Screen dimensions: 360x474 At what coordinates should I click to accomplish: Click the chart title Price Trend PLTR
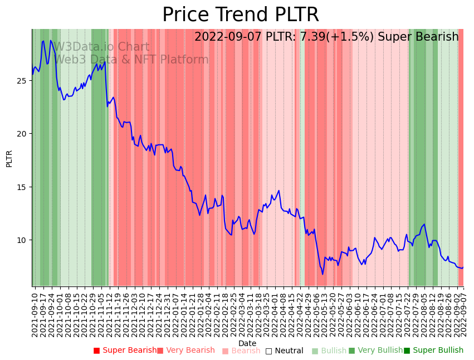tap(241, 15)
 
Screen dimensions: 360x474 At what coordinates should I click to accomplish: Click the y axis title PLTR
tap(9, 158)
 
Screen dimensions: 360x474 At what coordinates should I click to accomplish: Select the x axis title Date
tap(247, 344)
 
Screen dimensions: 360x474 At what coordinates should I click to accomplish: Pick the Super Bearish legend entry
tap(125, 351)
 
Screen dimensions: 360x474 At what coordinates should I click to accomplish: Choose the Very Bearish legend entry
tap(185, 351)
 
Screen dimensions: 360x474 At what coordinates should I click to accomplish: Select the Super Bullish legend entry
tap(433, 351)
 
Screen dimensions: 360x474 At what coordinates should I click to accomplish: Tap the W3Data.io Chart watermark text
tap(101, 47)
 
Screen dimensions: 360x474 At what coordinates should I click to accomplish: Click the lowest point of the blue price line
tap(322, 274)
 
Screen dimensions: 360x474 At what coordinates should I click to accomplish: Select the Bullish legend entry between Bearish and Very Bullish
tap(329, 351)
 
